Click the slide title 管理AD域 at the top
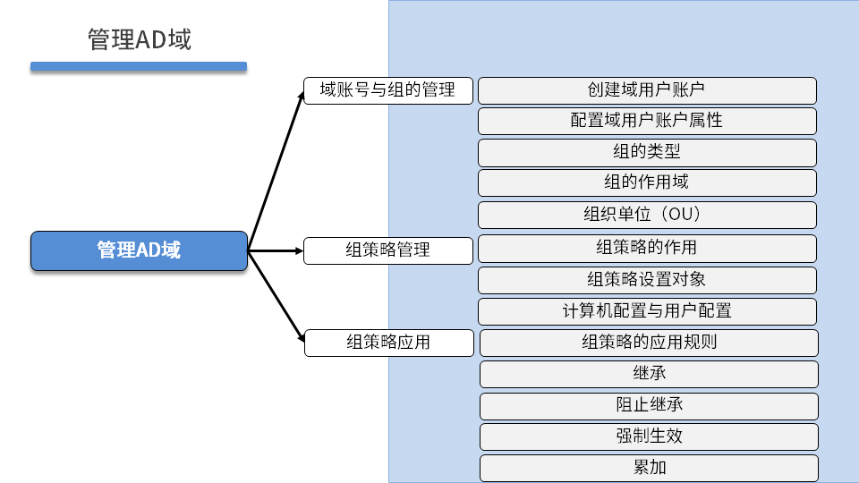coord(140,39)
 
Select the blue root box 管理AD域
coord(139,250)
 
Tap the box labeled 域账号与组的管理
coord(387,90)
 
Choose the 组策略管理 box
coord(387,250)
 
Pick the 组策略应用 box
coord(387,343)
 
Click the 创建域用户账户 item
coord(647,90)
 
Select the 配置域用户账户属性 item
coord(647,121)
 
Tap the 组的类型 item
coord(647,152)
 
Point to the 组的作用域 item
coord(647,182)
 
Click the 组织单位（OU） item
coord(647,215)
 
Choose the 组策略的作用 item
coord(647,248)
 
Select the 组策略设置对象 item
coord(647,280)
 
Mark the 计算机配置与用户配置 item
coord(647,311)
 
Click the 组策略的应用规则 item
coord(649,343)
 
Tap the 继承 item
coord(649,374)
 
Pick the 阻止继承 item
coord(649,405)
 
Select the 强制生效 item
coord(649,436)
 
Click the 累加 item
coord(649,468)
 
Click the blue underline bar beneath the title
coord(139,66)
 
